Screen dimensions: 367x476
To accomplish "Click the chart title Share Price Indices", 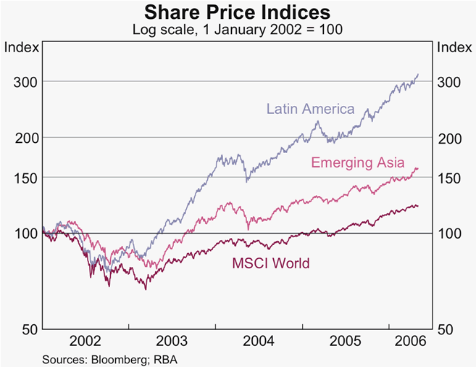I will (238, 12).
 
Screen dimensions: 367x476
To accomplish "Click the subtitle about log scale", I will (238, 30).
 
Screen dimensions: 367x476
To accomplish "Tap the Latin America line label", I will (310, 110).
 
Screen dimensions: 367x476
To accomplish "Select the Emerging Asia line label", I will (358, 162).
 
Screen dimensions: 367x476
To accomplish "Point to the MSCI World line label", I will (271, 263).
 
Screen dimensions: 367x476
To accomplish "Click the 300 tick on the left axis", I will (25, 82).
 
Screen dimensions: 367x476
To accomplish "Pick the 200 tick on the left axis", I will (25, 138).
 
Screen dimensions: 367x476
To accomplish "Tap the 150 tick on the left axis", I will (25, 178).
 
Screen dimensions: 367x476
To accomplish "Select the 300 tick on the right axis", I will (450, 82).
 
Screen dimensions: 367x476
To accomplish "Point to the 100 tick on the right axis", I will (450, 234).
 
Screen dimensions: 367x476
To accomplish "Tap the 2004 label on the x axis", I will (259, 341).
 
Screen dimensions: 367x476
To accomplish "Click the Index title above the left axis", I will (21, 48).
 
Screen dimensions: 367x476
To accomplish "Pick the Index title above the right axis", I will (454, 48).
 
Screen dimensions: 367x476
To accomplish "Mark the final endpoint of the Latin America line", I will (418, 74).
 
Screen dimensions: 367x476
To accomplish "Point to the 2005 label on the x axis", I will (345, 341).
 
